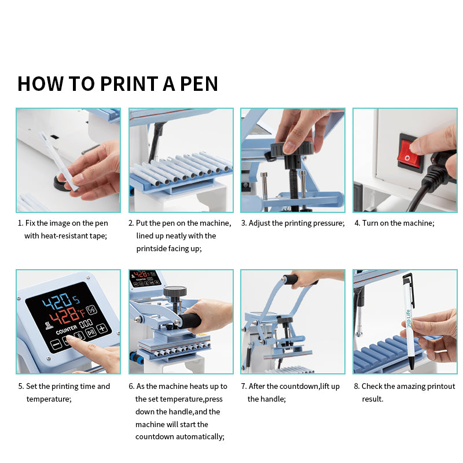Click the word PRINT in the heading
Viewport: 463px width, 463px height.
(x=129, y=84)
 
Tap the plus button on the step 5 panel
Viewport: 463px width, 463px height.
(x=102, y=328)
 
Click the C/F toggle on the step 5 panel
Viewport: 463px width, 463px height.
(x=92, y=310)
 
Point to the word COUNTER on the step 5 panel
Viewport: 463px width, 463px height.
(x=67, y=330)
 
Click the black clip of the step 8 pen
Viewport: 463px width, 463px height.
(x=410, y=287)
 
